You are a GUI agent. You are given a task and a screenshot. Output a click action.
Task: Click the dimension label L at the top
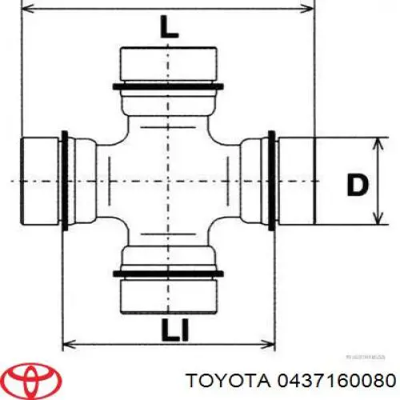pos(167,30)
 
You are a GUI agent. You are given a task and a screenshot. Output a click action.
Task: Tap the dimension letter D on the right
pos(357,185)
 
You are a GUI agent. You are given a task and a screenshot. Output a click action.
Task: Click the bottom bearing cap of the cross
pos(168,296)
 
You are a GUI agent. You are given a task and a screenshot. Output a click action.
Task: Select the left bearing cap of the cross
pos(40,180)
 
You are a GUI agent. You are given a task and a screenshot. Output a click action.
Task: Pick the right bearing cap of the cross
pos(297,180)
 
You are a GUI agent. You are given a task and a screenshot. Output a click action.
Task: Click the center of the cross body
pos(168,180)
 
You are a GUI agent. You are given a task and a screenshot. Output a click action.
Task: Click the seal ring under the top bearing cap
pos(168,85)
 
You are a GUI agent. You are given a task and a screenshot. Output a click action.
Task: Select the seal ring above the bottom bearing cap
pos(168,274)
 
